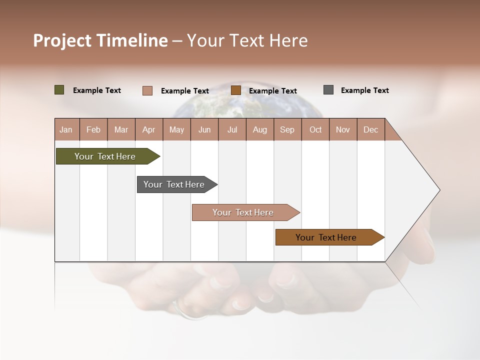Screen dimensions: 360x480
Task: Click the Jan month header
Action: (66, 130)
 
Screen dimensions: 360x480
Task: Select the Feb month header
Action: (93, 130)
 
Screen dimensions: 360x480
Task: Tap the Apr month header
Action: (149, 130)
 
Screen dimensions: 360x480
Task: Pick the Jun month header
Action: (204, 130)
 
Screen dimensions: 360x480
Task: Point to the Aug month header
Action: (260, 130)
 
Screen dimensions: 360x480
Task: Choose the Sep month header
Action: (287, 130)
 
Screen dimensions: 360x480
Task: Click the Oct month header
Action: (315, 130)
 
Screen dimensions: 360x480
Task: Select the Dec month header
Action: (371, 130)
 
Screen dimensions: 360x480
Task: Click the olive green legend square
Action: (59, 90)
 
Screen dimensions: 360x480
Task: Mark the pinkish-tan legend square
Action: (147, 90)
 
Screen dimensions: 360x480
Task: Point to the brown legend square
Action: (236, 90)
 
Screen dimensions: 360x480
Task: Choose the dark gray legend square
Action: (328, 90)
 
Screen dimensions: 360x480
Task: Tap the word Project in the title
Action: (62, 40)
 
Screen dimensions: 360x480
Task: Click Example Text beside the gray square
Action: (364, 90)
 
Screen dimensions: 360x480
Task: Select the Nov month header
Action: (343, 130)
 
